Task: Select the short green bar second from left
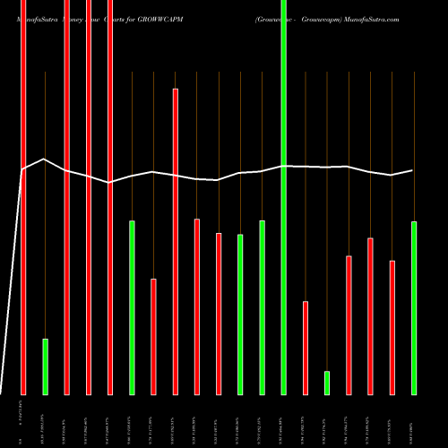pos(45,366)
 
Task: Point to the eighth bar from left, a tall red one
pos(176,241)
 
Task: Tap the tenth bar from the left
pos(219,314)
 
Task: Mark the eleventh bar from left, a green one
pos(240,314)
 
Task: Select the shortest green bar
pos(327,383)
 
